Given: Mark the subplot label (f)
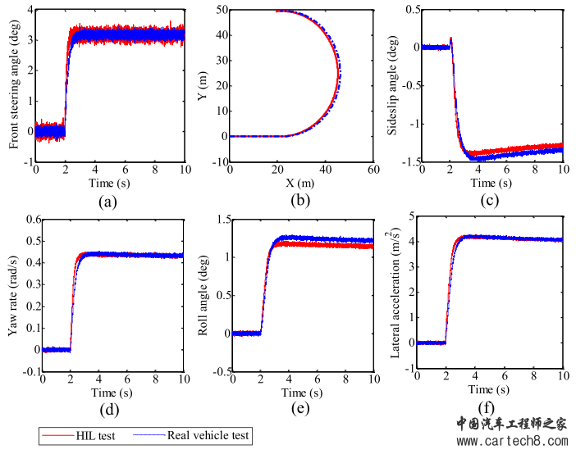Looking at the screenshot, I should coord(487,410).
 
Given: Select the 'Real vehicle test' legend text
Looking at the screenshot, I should coord(208,435).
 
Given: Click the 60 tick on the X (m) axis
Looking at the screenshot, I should coord(373,170).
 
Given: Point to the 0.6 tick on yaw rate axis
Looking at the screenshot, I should coord(30,220).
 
